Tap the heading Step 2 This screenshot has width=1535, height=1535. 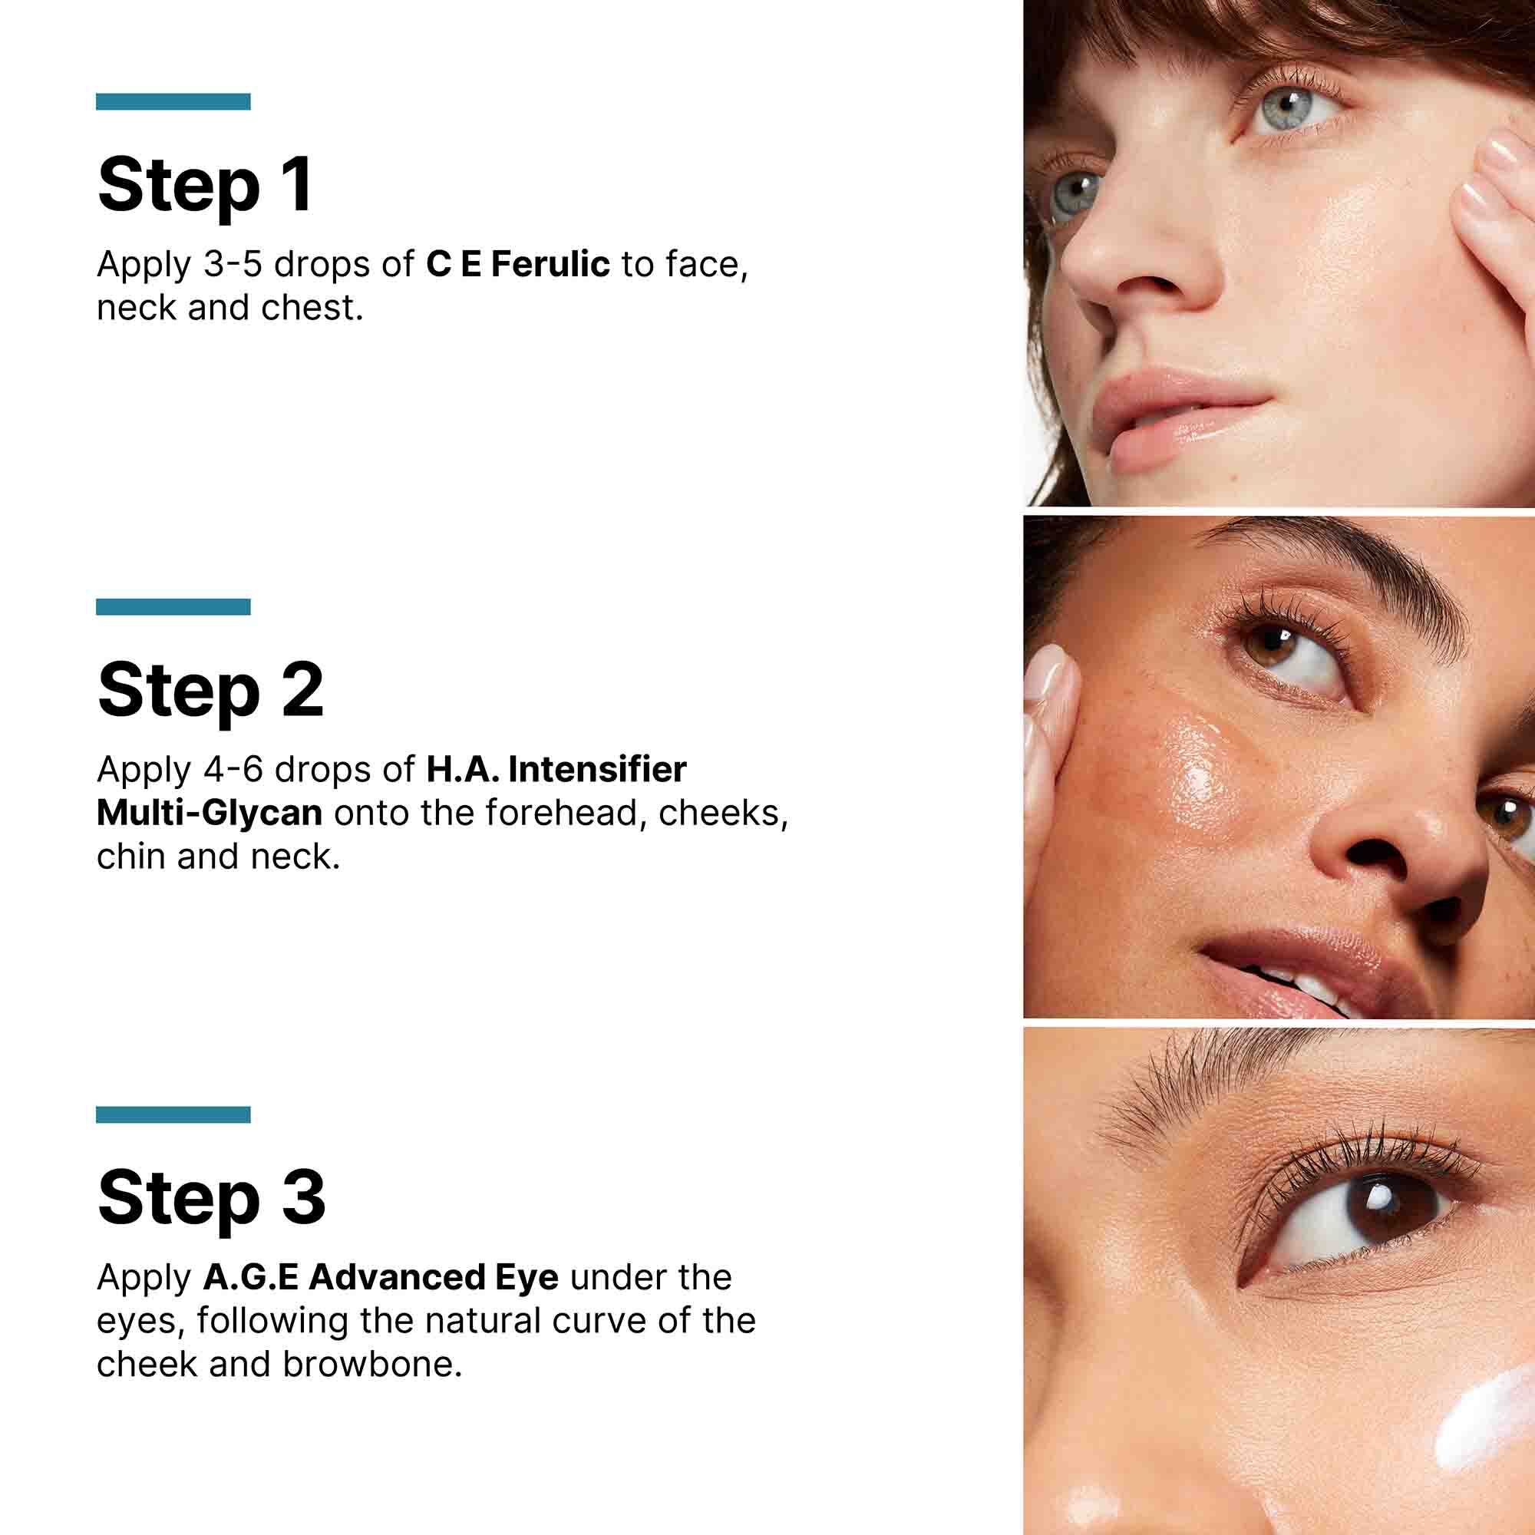pos(210,692)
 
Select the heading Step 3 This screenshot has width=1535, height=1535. pos(211,1198)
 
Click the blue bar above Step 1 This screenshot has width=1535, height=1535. pos(173,102)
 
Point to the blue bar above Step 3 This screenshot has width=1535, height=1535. pos(173,1114)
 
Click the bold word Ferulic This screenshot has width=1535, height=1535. pos(550,265)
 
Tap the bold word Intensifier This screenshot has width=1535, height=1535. pos(597,769)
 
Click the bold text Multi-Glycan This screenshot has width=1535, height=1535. pos(209,813)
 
